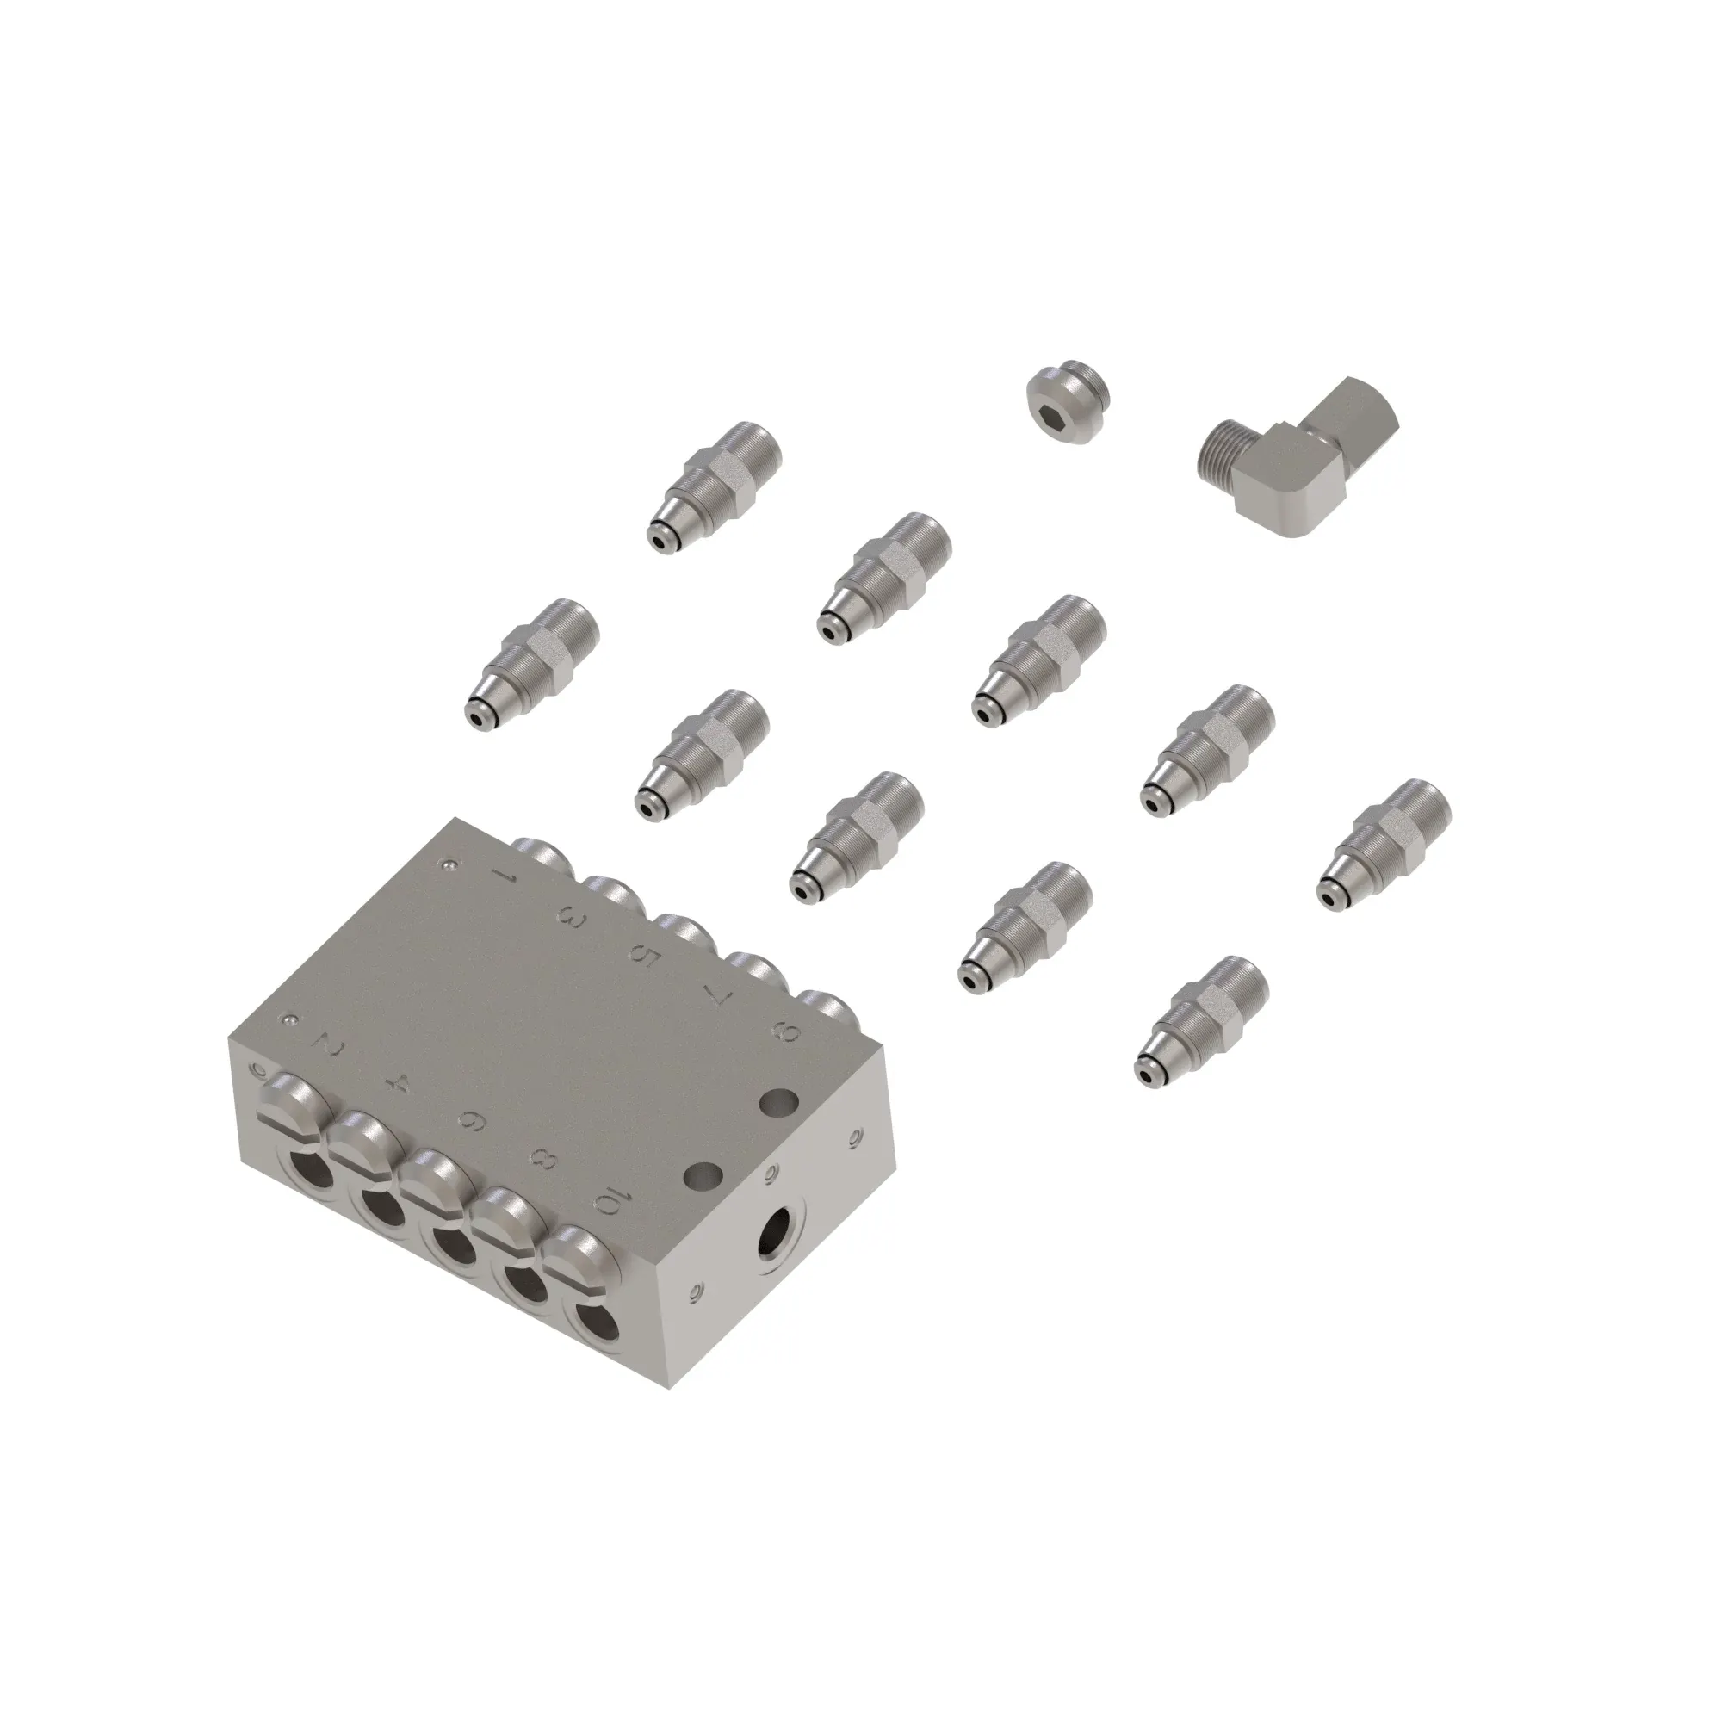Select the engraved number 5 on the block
pos(643,954)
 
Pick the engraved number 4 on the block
pos(399,1084)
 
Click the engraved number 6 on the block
pos(472,1122)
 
